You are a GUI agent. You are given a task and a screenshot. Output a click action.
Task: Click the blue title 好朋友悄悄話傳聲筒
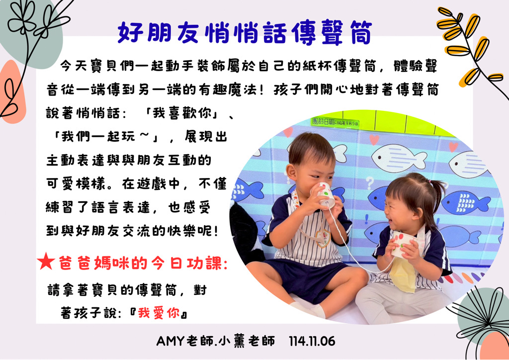click(245, 33)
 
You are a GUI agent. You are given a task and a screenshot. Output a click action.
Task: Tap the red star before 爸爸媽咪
click(46, 262)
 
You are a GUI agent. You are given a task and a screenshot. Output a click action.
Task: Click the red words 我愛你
click(159, 313)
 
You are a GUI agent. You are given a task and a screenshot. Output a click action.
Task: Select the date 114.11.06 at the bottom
click(312, 341)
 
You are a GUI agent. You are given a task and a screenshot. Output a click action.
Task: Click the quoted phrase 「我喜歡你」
click(182, 113)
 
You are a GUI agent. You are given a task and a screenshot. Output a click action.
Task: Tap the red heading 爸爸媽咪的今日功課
click(143, 263)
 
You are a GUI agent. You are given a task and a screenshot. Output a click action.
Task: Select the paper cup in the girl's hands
click(401, 244)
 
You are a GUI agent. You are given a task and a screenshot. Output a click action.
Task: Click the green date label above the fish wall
click(335, 122)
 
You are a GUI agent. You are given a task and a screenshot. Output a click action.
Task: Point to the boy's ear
click(291, 173)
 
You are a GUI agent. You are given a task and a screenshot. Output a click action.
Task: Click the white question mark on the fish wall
click(370, 183)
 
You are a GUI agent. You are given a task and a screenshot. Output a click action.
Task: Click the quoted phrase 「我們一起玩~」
click(106, 137)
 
